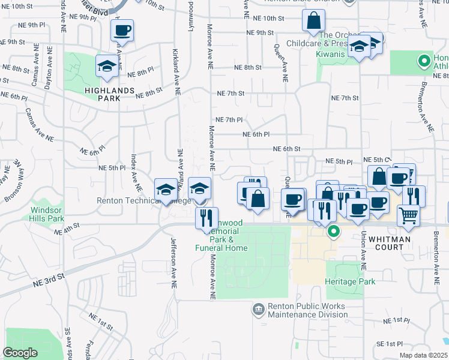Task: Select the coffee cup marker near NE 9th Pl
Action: point(122,30)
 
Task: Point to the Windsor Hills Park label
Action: point(47,215)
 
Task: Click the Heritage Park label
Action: point(349,281)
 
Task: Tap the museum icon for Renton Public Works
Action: point(258,308)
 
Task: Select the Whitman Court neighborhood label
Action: point(390,239)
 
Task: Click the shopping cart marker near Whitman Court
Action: point(408,214)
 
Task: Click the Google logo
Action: point(20,352)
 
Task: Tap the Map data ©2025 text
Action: point(423,355)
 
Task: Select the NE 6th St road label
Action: point(286,149)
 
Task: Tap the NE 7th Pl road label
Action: point(229,120)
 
